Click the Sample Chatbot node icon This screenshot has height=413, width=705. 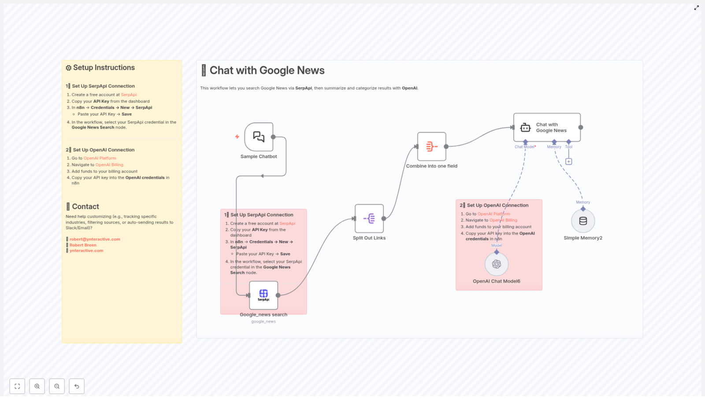point(259,137)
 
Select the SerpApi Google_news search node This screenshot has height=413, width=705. point(263,295)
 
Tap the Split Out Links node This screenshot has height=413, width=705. point(369,218)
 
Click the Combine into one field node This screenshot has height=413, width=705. point(431,147)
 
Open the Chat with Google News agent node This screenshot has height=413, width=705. point(547,127)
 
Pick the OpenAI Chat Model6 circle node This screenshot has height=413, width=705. point(497,264)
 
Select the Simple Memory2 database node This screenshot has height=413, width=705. point(583,221)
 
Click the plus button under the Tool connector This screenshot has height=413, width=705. point(569,162)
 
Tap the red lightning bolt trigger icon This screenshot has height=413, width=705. point(237,137)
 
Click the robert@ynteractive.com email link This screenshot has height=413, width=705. point(95,239)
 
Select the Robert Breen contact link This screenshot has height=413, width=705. point(83,245)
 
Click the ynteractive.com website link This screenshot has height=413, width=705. point(86,251)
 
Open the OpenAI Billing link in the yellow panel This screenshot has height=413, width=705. point(109,165)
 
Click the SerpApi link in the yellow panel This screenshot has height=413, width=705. point(129,95)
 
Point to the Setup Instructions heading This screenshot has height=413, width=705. point(104,68)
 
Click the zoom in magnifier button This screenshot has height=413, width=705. point(37,386)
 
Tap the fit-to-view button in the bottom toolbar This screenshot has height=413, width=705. point(17,386)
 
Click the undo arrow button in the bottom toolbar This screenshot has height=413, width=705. point(77,386)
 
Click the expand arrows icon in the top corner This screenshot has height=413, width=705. point(696,8)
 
